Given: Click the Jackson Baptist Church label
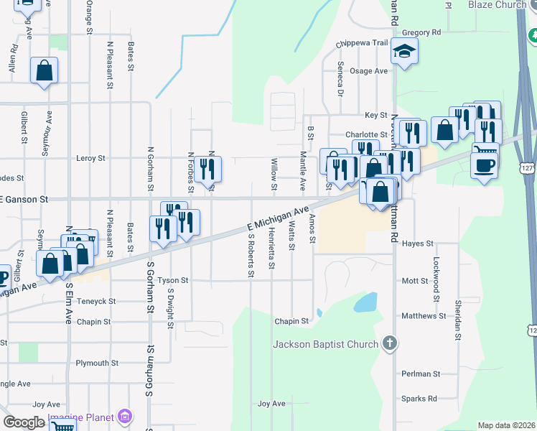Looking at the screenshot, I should (325, 344).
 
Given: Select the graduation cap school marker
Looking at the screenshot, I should (405, 52).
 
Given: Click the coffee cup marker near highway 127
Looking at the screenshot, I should (484, 166).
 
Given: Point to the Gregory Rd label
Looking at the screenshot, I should (421, 32).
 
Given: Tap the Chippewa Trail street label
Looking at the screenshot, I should (363, 43).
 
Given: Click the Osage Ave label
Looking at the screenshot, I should (368, 71).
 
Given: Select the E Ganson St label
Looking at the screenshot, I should (24, 199).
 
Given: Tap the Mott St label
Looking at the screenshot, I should (415, 281).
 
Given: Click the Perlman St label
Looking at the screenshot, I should (421, 374).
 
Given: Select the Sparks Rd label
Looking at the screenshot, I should (419, 399).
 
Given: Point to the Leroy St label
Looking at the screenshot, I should (90, 158).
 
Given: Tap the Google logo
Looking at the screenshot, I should (24, 422).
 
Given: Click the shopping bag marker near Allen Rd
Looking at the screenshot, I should (44, 71).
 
